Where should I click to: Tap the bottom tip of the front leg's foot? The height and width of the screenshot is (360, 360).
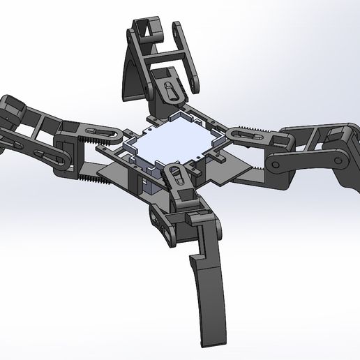click(209, 341)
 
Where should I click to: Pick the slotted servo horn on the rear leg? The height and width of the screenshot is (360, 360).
click(169, 89)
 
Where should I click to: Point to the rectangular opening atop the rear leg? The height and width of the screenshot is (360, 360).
click(147, 29)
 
